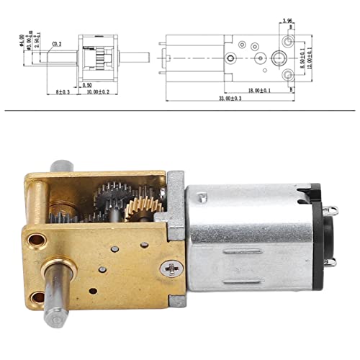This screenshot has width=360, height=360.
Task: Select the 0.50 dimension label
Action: click(87, 85)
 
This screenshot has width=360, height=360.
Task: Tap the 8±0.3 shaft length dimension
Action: click(62, 93)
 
